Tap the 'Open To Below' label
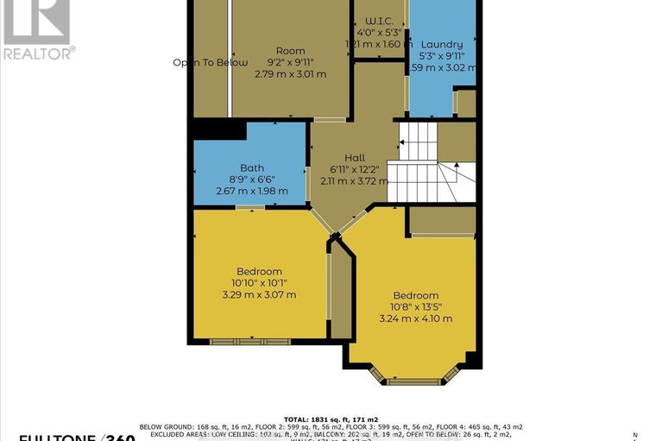pyautogui.click(x=210, y=62)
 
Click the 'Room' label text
pyautogui.click(x=290, y=51)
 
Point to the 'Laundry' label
pyautogui.click(x=442, y=44)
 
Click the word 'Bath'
pyautogui.click(x=252, y=167)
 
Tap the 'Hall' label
pyautogui.click(x=355, y=157)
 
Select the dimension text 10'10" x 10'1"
pyautogui.click(x=259, y=282)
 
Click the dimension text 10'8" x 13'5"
pyautogui.click(x=415, y=306)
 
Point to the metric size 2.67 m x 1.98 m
pyautogui.click(x=252, y=191)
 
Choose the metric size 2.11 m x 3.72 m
pyautogui.click(x=355, y=180)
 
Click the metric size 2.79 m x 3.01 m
pyautogui.click(x=290, y=74)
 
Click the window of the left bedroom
pyautogui.click(x=250, y=342)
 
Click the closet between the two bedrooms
pyautogui.click(x=341, y=293)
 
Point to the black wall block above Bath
pyautogui.click(x=218, y=129)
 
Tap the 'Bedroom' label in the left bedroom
pyautogui.click(x=259, y=270)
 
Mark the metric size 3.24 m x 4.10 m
pyautogui.click(x=415, y=318)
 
